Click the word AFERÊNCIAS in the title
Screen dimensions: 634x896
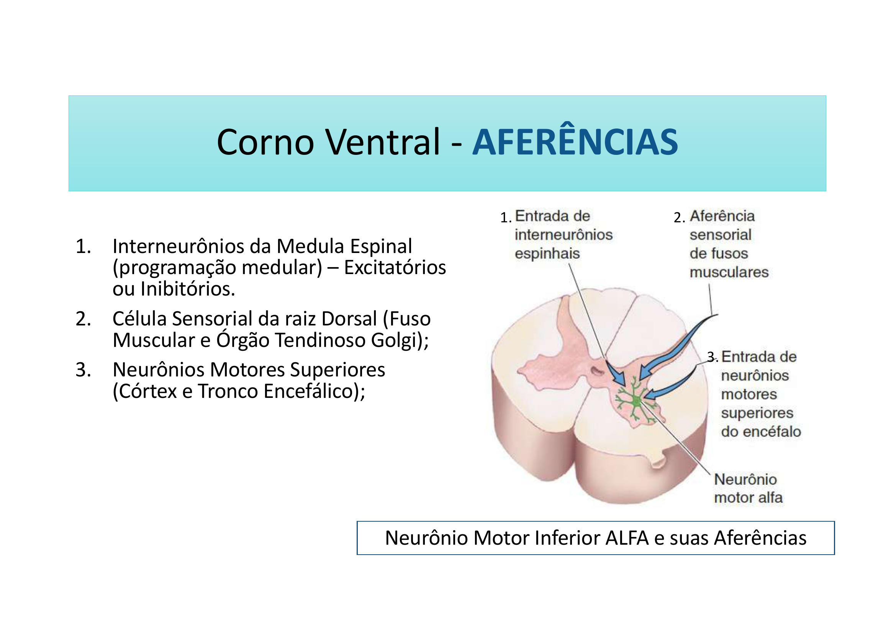pos(575,143)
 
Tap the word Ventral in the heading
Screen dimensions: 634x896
pos(383,143)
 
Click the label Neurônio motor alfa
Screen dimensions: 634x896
pos(747,488)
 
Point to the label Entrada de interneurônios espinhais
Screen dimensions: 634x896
pos(563,235)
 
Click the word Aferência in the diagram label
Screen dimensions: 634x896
pos(722,216)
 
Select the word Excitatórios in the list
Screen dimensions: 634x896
pos(395,268)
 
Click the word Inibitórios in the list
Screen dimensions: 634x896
pos(188,289)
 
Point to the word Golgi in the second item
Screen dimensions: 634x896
pos(396,340)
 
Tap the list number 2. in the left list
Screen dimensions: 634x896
pos(83,319)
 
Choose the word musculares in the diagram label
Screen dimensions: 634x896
pos(729,273)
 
